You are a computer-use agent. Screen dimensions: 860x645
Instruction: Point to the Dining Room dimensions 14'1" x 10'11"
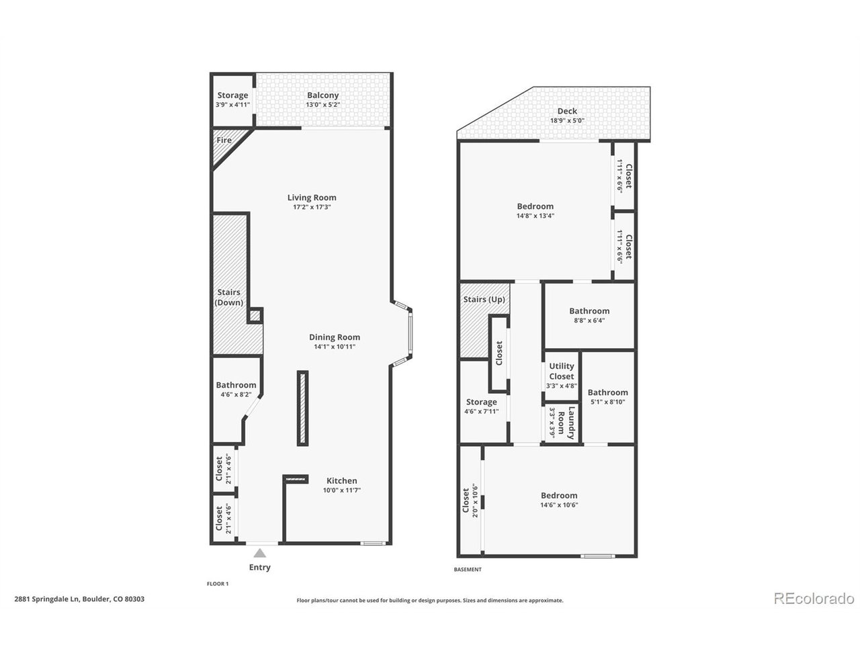334,347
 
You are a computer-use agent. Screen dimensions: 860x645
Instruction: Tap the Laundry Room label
566,423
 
